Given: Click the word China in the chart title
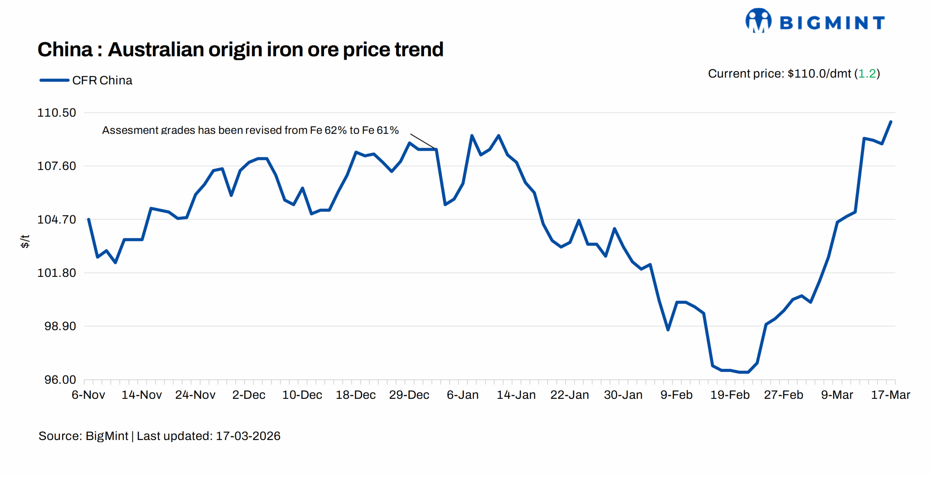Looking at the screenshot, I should click(x=65, y=49).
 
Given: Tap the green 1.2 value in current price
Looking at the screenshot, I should click(x=867, y=74).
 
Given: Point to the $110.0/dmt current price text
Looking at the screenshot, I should click(x=819, y=74).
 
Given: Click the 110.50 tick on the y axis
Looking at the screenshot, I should click(x=57, y=113).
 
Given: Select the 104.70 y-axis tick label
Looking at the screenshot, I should click(x=57, y=220).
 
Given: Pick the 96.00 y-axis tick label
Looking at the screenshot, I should click(x=60, y=380).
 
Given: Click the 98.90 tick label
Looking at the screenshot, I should click(x=60, y=326).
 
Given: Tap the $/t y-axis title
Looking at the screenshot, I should click(x=25, y=241).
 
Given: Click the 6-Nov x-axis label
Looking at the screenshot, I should click(x=88, y=395).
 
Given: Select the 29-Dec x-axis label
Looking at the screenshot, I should click(x=409, y=395).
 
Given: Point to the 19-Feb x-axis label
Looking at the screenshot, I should click(x=730, y=395).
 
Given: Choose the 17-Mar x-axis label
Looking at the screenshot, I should click(x=890, y=395).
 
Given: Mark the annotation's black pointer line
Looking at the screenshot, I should click(x=422, y=141).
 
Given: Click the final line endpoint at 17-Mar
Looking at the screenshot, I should click(x=891, y=122).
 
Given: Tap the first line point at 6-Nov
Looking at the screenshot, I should click(x=89, y=219).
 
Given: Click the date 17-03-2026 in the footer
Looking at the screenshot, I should click(x=248, y=436).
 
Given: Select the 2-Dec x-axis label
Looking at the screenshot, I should click(x=249, y=395).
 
